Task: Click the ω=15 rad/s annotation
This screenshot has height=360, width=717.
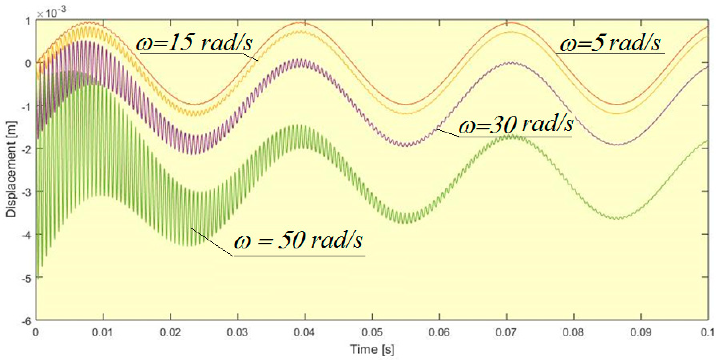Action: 194,43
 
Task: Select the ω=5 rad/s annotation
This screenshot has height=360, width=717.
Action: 610,44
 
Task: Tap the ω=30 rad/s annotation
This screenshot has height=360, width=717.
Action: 516,124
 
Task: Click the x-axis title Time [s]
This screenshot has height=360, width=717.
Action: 372,349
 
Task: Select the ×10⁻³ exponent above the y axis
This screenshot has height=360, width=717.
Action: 52,13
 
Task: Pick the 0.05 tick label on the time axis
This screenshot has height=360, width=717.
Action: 372,332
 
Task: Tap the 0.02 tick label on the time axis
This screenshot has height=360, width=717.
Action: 170,332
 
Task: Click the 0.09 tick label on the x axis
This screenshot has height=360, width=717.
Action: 641,332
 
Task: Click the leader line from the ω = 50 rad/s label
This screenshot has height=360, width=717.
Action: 212,242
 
